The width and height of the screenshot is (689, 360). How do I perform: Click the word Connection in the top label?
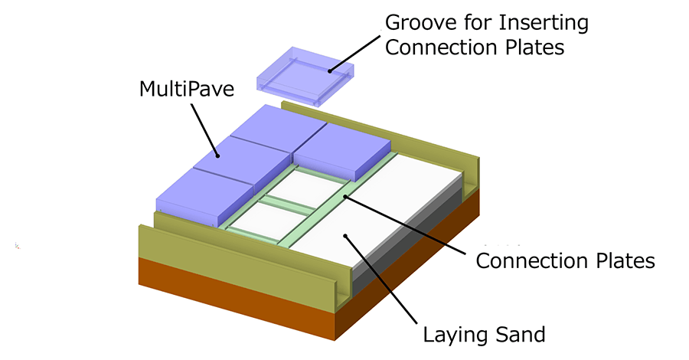tap(443, 47)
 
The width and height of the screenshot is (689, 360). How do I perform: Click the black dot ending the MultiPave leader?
tap(217, 156)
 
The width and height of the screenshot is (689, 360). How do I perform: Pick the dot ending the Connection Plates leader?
tap(345, 197)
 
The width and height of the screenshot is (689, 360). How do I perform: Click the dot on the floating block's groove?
tap(331, 71)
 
